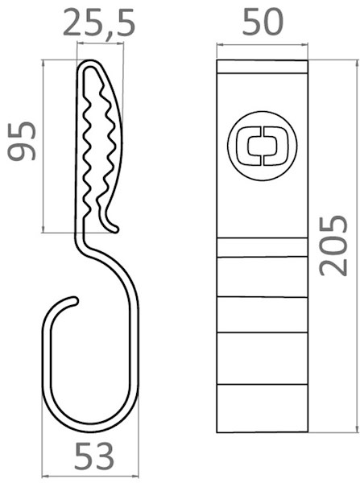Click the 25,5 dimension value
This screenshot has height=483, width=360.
99,24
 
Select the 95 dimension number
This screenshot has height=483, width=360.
22,141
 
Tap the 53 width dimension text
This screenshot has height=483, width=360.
94,459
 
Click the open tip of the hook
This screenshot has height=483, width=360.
75,301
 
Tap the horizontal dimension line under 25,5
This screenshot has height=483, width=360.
99,44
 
